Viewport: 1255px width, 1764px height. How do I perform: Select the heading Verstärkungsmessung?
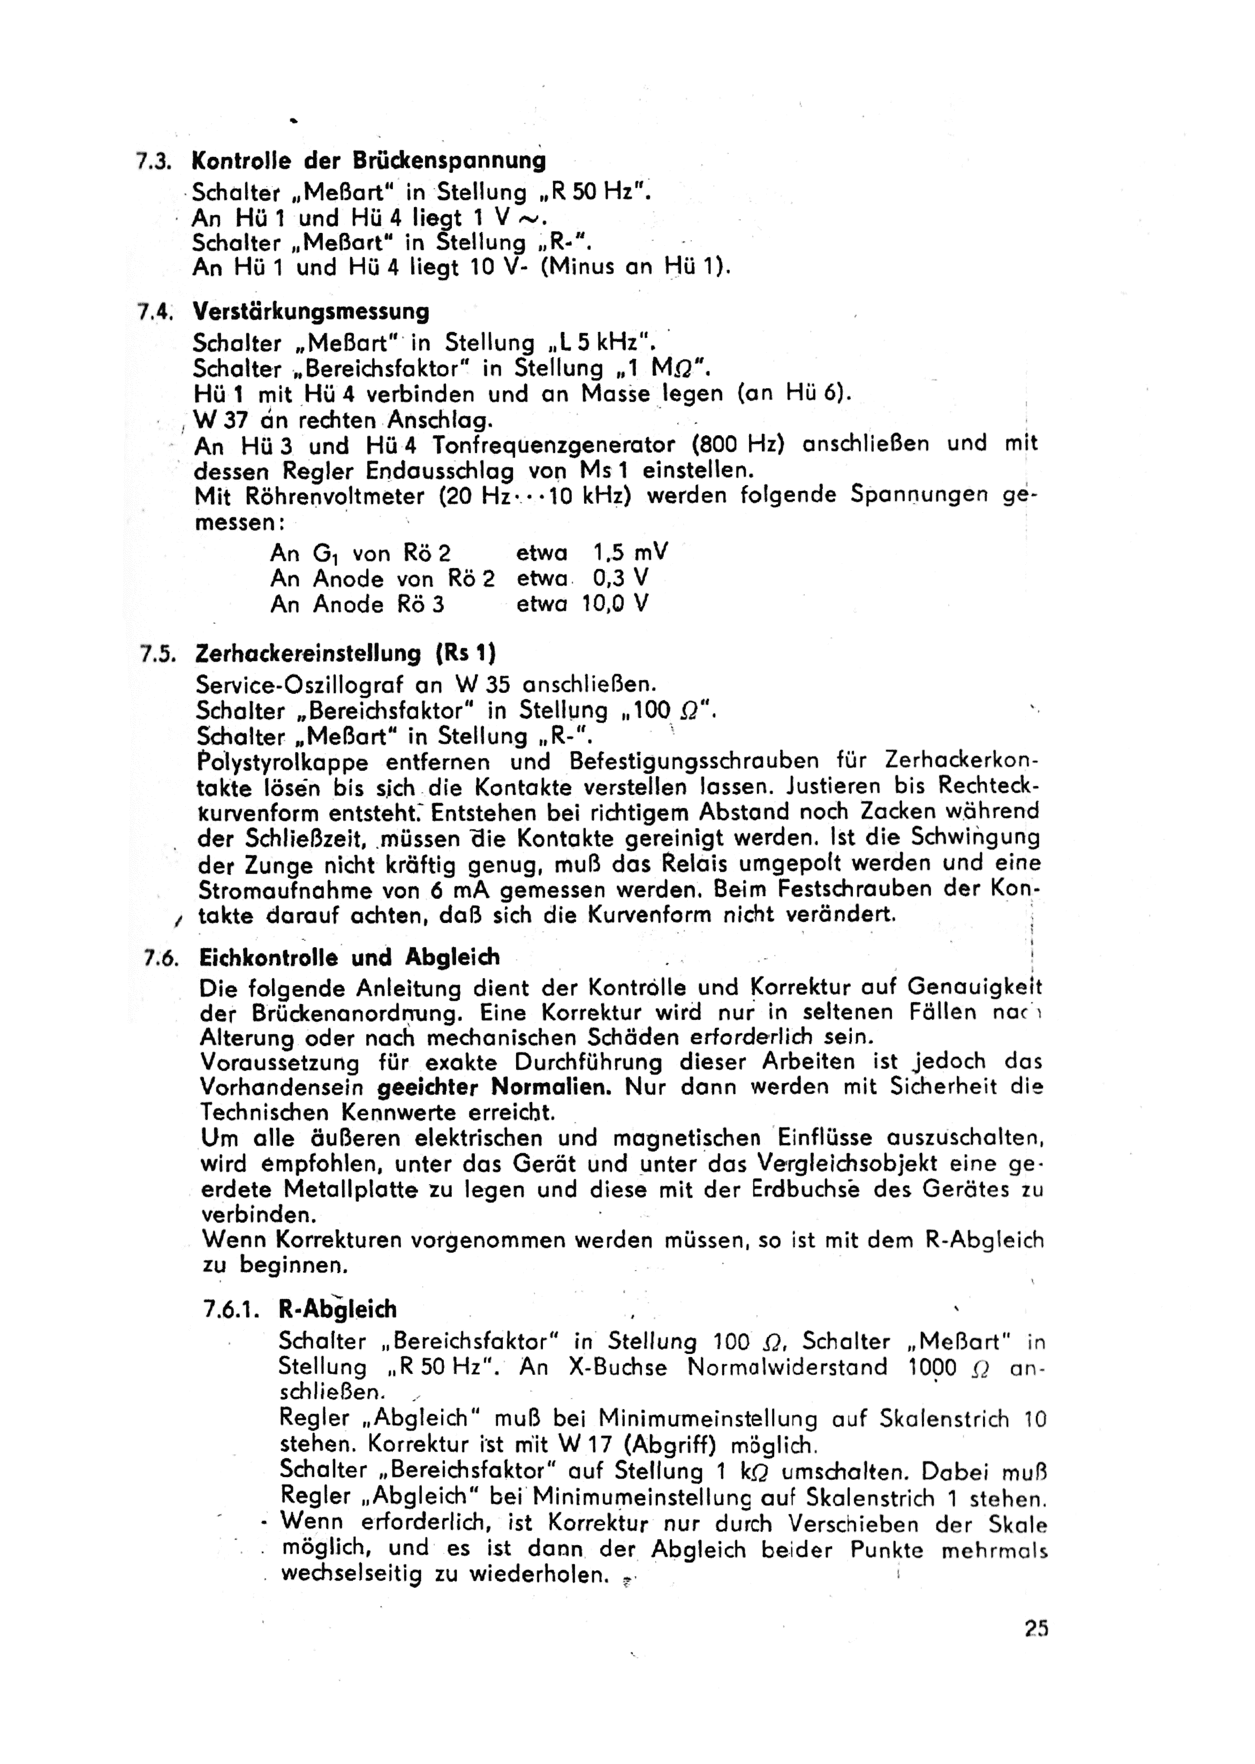[x=311, y=312]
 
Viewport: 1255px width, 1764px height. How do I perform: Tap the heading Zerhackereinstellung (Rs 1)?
[x=345, y=654]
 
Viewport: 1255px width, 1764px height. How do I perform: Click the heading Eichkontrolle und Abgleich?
[x=349, y=958]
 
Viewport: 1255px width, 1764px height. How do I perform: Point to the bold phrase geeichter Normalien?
[x=495, y=1087]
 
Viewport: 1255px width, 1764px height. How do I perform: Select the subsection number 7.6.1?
[x=234, y=1309]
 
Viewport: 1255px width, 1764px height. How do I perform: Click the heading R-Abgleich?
[x=338, y=1309]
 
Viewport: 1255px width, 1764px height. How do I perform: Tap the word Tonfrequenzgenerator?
[x=555, y=446]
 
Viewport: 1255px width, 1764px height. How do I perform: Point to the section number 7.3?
[x=152, y=162]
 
